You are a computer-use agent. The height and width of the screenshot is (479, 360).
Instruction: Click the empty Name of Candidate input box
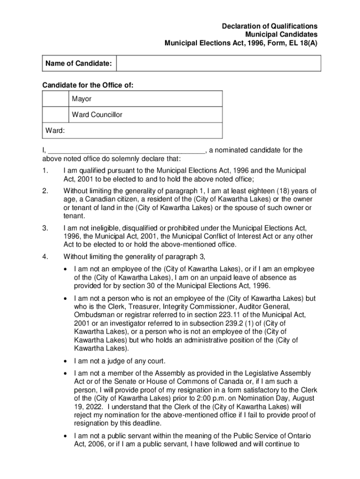click(218, 63)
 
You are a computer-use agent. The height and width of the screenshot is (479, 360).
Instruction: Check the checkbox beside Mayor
click(55, 99)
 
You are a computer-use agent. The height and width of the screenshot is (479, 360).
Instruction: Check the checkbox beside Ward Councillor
click(55, 115)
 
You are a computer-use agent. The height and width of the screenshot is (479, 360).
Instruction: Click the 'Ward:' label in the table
click(55, 131)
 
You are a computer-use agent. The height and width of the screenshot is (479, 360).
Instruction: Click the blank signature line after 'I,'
click(126, 151)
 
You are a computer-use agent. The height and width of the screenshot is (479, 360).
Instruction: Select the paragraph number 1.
click(45, 171)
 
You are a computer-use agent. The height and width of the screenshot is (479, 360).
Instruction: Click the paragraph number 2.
click(45, 191)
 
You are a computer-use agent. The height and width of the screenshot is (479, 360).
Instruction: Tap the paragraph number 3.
click(45, 228)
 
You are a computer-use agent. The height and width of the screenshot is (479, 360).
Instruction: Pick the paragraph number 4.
click(45, 256)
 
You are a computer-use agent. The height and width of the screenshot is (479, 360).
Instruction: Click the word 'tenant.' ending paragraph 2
click(74, 216)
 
